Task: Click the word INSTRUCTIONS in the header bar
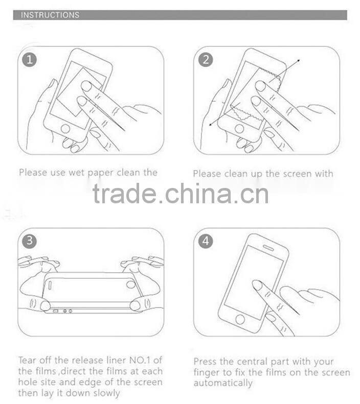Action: (x=50, y=15)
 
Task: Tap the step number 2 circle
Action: (x=206, y=60)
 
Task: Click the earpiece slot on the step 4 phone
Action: (x=268, y=248)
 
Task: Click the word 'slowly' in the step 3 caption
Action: (x=108, y=393)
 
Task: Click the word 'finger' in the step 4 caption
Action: (x=207, y=373)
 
